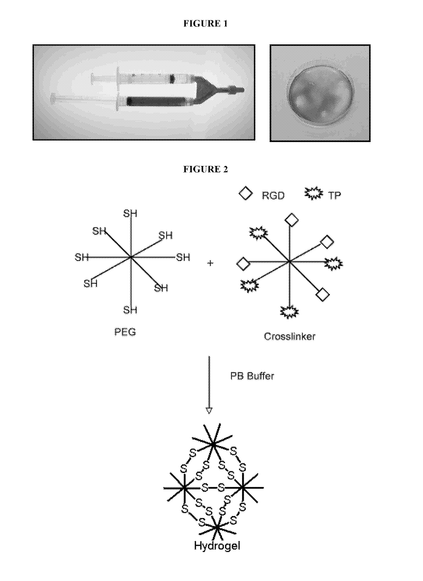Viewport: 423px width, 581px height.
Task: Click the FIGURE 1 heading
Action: [206, 24]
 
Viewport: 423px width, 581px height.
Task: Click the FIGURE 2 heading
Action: [206, 169]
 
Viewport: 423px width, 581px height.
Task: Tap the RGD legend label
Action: [273, 196]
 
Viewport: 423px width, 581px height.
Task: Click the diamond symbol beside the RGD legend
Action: [245, 193]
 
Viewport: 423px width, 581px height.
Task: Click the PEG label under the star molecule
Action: [125, 332]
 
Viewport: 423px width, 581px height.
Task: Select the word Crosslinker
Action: [290, 336]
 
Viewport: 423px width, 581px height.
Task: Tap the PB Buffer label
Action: [252, 376]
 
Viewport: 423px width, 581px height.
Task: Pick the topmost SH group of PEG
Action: [130, 213]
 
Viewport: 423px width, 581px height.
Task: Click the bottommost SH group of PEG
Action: [130, 310]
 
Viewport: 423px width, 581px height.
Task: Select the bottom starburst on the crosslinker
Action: [290, 312]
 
